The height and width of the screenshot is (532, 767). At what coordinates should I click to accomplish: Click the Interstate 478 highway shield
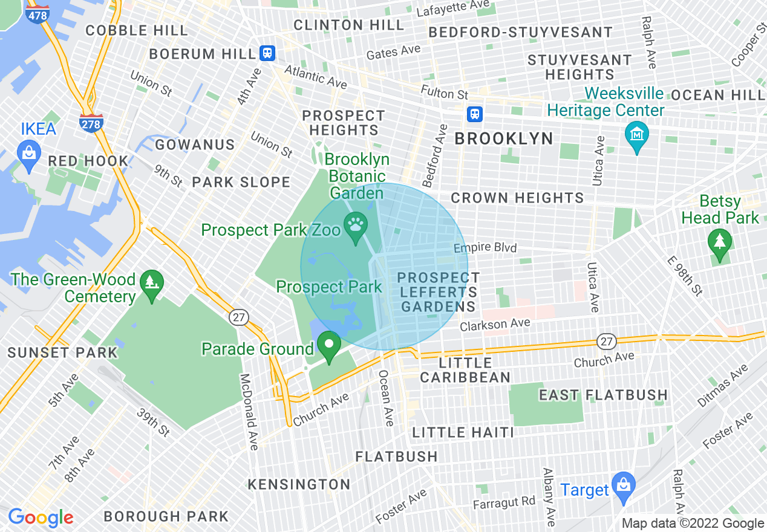38,13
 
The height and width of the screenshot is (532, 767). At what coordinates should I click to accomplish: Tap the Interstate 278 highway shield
91,122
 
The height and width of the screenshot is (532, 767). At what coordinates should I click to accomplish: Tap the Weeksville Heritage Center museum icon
637,134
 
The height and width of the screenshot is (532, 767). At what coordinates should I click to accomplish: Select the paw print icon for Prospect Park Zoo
355,225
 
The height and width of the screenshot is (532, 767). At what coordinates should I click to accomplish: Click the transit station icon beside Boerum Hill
267,53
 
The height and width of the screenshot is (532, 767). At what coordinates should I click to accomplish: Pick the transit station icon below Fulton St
475,114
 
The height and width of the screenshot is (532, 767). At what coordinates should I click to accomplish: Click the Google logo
41,517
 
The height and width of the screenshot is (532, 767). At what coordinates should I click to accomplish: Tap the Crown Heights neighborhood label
517,198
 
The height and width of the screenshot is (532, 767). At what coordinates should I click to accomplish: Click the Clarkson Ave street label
495,325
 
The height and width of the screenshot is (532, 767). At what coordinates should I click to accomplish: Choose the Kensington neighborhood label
299,484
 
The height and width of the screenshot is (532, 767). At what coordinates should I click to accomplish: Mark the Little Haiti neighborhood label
463,432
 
